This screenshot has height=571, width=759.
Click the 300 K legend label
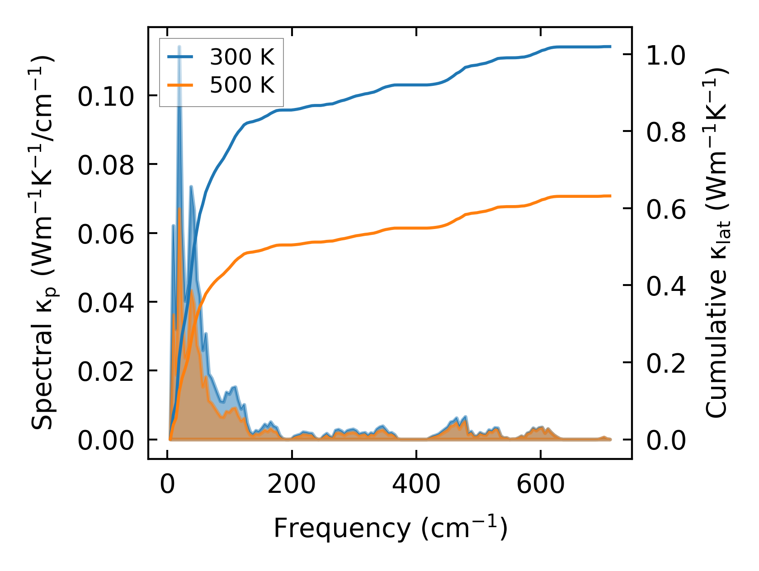pos(242,57)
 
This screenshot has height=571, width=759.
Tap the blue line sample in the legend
pos(180,57)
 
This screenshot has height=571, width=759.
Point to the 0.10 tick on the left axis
pos(105,97)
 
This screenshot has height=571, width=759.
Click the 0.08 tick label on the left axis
pos(105,165)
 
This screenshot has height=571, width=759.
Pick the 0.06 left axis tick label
pos(105,234)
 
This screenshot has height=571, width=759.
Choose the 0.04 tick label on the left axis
pos(105,303)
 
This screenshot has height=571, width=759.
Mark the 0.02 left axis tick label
pos(105,372)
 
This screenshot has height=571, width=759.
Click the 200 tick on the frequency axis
pos(292,485)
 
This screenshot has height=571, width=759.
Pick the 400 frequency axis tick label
pos(416,485)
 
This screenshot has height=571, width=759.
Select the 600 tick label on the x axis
pos(540,485)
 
